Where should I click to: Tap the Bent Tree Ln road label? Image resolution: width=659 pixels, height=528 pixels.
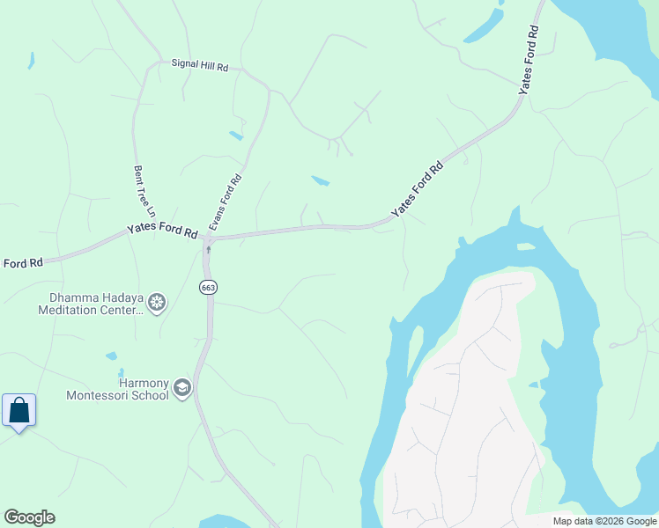click(144, 191)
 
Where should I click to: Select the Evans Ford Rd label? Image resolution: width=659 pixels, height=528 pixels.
click(225, 202)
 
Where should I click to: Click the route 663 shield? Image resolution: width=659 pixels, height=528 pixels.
click(208, 288)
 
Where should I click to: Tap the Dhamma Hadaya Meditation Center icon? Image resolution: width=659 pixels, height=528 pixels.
click(157, 304)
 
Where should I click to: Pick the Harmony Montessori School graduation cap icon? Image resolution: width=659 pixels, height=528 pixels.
click(182, 387)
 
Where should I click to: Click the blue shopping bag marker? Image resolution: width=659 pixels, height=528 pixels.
click(19, 411)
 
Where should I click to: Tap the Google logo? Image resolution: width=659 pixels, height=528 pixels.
click(29, 517)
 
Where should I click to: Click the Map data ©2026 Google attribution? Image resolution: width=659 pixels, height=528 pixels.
click(604, 521)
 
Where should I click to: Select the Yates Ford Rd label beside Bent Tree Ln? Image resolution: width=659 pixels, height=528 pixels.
click(162, 231)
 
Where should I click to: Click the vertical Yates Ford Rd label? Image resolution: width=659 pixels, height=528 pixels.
click(529, 60)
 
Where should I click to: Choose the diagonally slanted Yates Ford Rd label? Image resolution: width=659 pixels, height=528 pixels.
click(417, 188)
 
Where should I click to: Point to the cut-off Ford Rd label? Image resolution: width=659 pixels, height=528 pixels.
click(23, 263)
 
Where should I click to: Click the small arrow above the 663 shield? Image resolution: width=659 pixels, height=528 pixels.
click(208, 250)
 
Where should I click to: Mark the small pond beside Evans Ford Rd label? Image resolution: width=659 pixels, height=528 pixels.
click(321, 181)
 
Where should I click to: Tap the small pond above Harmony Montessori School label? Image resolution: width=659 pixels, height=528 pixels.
click(111, 356)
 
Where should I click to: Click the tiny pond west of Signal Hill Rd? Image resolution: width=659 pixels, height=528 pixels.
click(31, 61)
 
